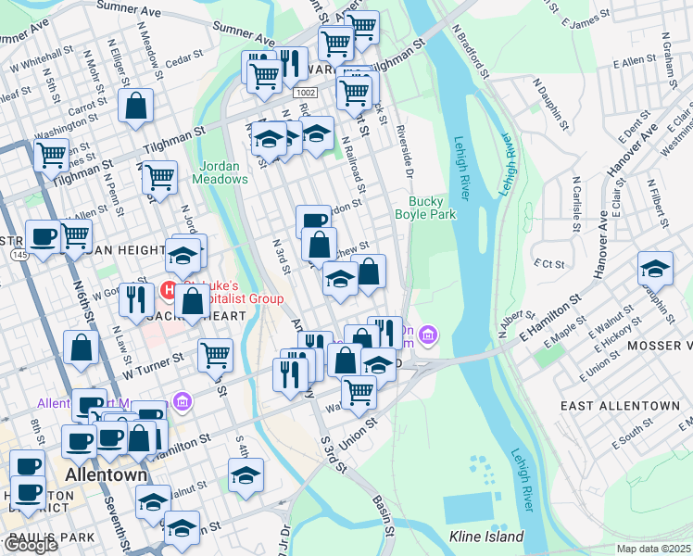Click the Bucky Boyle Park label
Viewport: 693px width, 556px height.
pos(433,208)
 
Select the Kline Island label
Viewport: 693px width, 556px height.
pos(486,537)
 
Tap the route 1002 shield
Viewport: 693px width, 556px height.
pos(306,94)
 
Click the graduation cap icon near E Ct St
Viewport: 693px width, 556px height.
pos(655,269)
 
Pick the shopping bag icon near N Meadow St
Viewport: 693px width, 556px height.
pos(136,107)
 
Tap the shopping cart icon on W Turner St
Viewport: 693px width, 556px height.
pos(215,353)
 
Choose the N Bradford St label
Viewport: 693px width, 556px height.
pos(472,50)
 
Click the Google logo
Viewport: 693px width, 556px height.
pos(31,545)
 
